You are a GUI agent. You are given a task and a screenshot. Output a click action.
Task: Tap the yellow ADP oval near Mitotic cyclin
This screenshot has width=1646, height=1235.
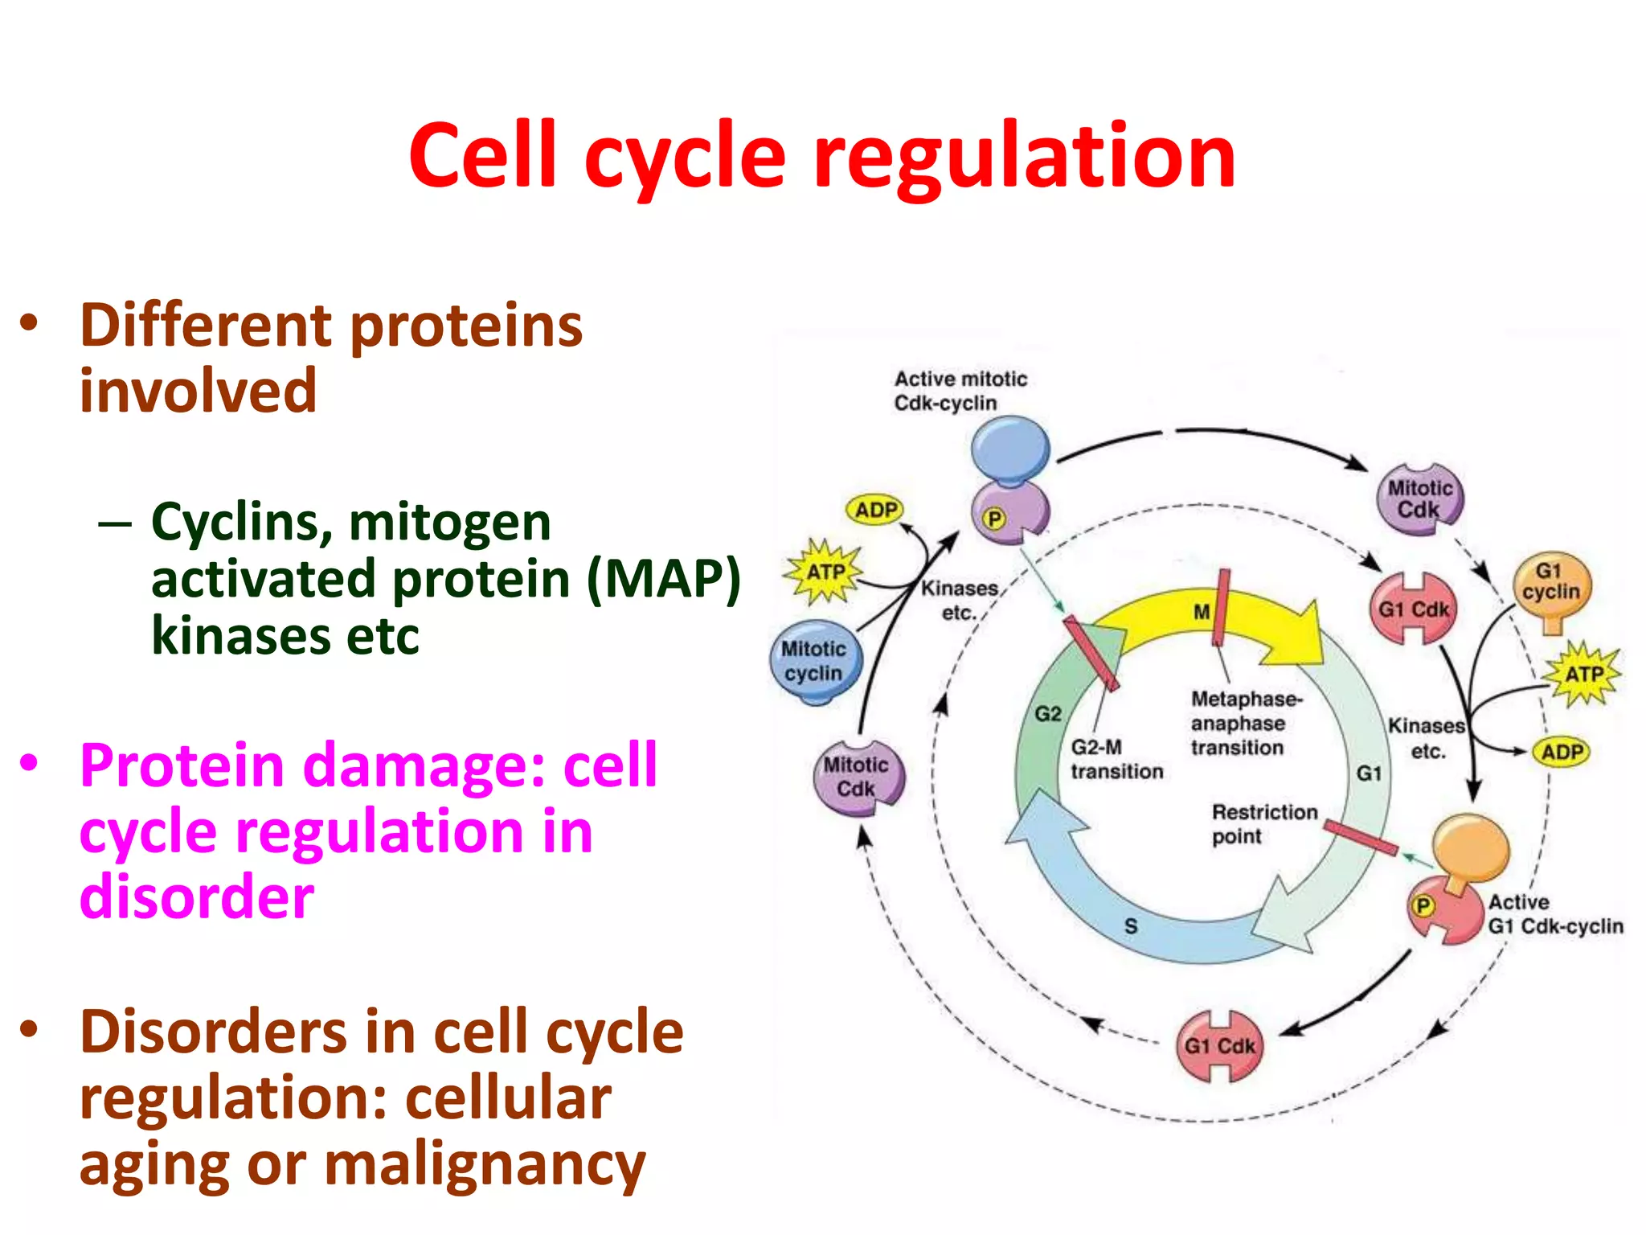coord(875,510)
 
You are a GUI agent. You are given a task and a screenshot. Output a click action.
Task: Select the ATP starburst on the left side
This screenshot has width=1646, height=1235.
coord(825,572)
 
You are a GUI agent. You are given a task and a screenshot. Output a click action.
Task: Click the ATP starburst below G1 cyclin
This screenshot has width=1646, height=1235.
coord(1583,674)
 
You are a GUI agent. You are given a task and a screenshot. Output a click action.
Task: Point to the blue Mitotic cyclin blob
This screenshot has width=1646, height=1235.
coord(815,661)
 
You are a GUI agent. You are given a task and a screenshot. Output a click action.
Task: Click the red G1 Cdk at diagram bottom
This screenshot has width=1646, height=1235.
coord(1219,1045)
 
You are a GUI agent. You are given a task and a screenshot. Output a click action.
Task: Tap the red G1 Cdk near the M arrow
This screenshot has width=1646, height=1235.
coord(1413,609)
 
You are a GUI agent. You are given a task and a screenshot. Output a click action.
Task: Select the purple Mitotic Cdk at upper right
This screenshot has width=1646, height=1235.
coord(1419,499)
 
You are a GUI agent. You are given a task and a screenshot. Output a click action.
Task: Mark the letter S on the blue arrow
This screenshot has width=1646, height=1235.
coord(1131,926)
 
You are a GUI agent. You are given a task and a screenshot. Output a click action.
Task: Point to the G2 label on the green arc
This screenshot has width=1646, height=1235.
coord(1047,714)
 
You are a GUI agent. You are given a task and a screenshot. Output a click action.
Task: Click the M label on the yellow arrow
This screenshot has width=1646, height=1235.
coord(1202,613)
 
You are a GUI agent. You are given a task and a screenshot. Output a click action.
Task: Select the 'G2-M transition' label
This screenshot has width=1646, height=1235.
coord(1116,759)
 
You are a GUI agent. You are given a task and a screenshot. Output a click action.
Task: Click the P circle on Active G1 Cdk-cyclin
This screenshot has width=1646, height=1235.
coord(1423,906)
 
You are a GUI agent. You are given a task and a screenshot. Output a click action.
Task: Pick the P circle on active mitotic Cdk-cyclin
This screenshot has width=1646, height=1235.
coord(994,519)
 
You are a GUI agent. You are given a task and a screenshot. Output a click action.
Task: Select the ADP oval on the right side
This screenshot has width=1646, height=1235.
coord(1562,753)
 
